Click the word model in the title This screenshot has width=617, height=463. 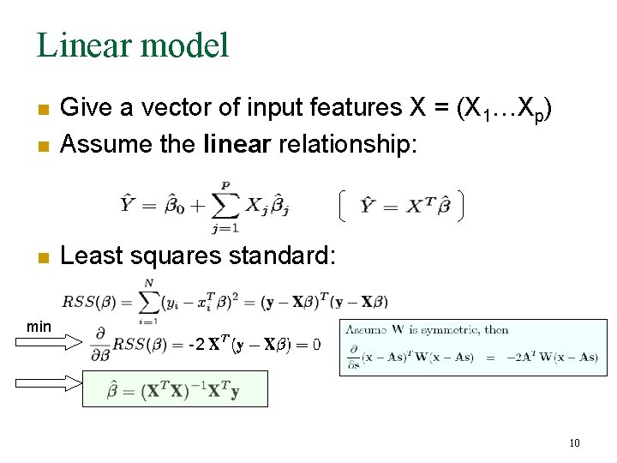(188, 45)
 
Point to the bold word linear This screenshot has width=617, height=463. (237, 143)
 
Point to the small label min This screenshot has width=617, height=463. (39, 327)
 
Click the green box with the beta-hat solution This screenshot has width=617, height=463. (175, 389)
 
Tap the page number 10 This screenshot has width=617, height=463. (573, 443)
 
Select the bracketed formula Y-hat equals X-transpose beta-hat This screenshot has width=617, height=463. (401, 206)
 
